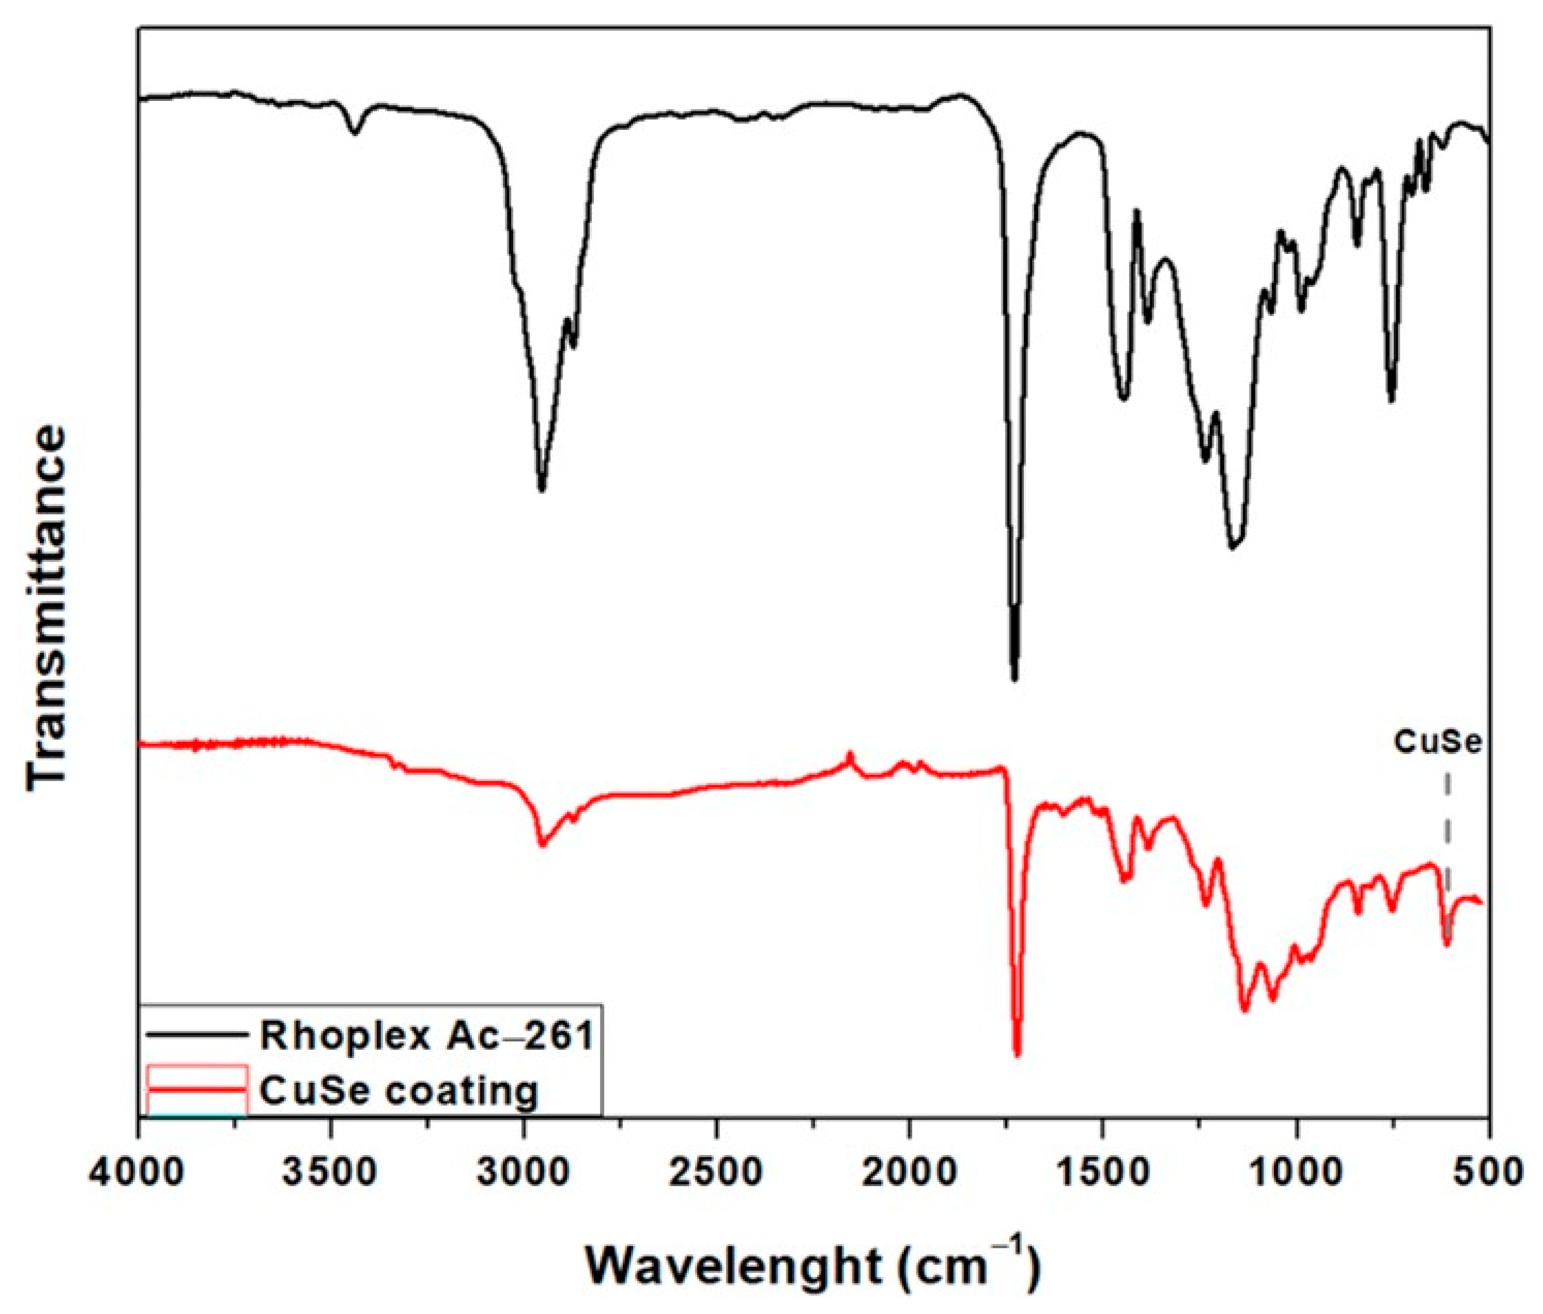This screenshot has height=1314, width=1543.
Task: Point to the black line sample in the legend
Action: (196, 1034)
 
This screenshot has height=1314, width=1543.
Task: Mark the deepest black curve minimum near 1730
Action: (1013, 678)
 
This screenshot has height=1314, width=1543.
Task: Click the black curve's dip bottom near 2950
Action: (541, 489)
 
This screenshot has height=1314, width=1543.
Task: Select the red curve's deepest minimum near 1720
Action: (1017, 1054)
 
